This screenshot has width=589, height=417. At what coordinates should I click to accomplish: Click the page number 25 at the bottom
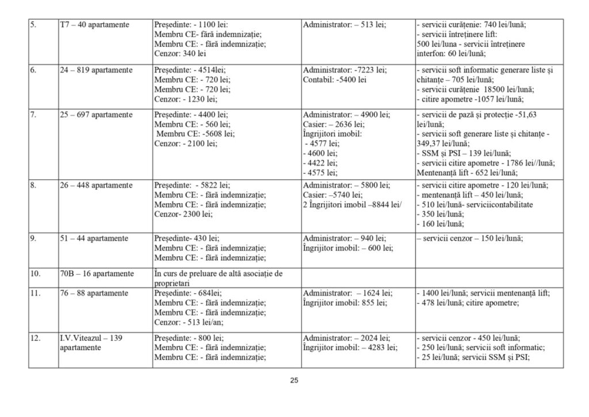294,381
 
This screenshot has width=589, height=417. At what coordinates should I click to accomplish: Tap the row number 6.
33,70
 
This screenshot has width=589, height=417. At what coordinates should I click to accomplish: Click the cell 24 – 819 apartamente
97,70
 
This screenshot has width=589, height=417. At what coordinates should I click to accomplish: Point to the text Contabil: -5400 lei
335,79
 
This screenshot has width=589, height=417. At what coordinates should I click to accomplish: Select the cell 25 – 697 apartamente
97,115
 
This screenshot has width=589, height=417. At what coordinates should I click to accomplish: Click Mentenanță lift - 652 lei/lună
466,172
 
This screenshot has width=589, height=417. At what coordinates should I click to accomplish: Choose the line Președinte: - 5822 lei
192,185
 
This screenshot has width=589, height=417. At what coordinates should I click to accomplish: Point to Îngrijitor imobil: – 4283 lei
350,347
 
